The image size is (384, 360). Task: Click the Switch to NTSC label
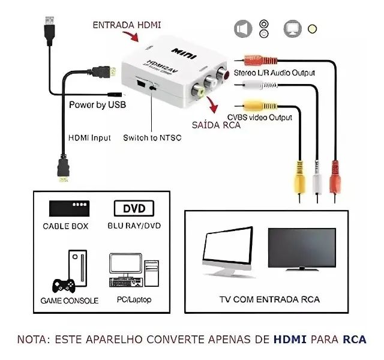pos(152,137)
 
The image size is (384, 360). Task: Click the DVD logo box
pos(133,209)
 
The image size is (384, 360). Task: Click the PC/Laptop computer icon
pos(133,270)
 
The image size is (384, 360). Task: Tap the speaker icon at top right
pos(242,28)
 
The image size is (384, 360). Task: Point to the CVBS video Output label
pos(260,118)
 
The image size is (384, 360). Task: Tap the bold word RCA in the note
pos(354,339)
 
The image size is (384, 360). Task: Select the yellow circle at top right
pos(311,28)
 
